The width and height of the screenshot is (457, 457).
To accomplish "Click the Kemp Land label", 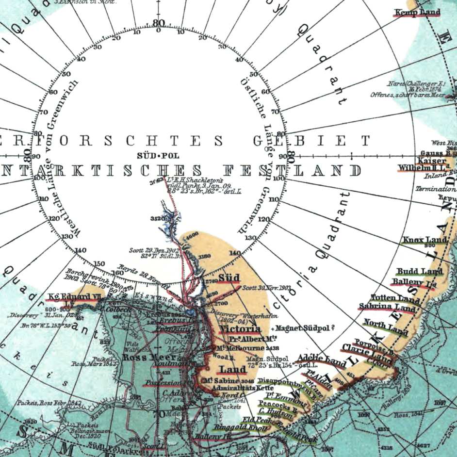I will [x=418, y=12].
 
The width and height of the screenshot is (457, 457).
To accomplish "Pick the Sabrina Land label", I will [x=387, y=307].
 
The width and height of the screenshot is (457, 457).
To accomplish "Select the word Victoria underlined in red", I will [x=240, y=329].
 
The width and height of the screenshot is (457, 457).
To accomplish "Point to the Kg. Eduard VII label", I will [x=70, y=297].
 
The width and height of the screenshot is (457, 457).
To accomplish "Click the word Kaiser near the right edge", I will [x=431, y=161].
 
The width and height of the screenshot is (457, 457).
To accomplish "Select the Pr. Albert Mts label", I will [x=253, y=339].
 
